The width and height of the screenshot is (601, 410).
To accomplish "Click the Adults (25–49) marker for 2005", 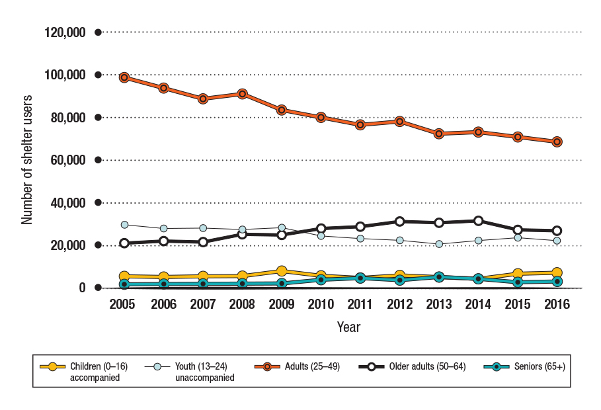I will click(x=124, y=77).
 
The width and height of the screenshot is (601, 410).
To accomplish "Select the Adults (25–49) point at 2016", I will click(x=557, y=142).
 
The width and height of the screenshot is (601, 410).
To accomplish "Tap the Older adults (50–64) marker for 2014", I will click(x=479, y=221).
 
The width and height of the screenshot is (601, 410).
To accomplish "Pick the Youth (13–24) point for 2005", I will click(x=124, y=225).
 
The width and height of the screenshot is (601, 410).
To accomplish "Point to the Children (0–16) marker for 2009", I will click(x=282, y=271).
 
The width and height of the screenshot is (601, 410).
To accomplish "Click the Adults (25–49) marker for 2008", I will click(x=242, y=94).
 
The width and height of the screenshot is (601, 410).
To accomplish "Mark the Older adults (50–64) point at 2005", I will click(x=124, y=243).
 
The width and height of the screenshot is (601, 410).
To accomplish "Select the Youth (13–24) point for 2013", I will click(x=439, y=244).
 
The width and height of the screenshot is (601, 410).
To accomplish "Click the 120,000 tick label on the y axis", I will click(x=65, y=32).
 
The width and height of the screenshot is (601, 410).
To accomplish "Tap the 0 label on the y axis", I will click(x=82, y=288).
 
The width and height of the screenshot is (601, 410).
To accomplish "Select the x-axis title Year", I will click(x=348, y=327).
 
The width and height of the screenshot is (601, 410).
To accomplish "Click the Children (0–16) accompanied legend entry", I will click(x=83, y=371).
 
